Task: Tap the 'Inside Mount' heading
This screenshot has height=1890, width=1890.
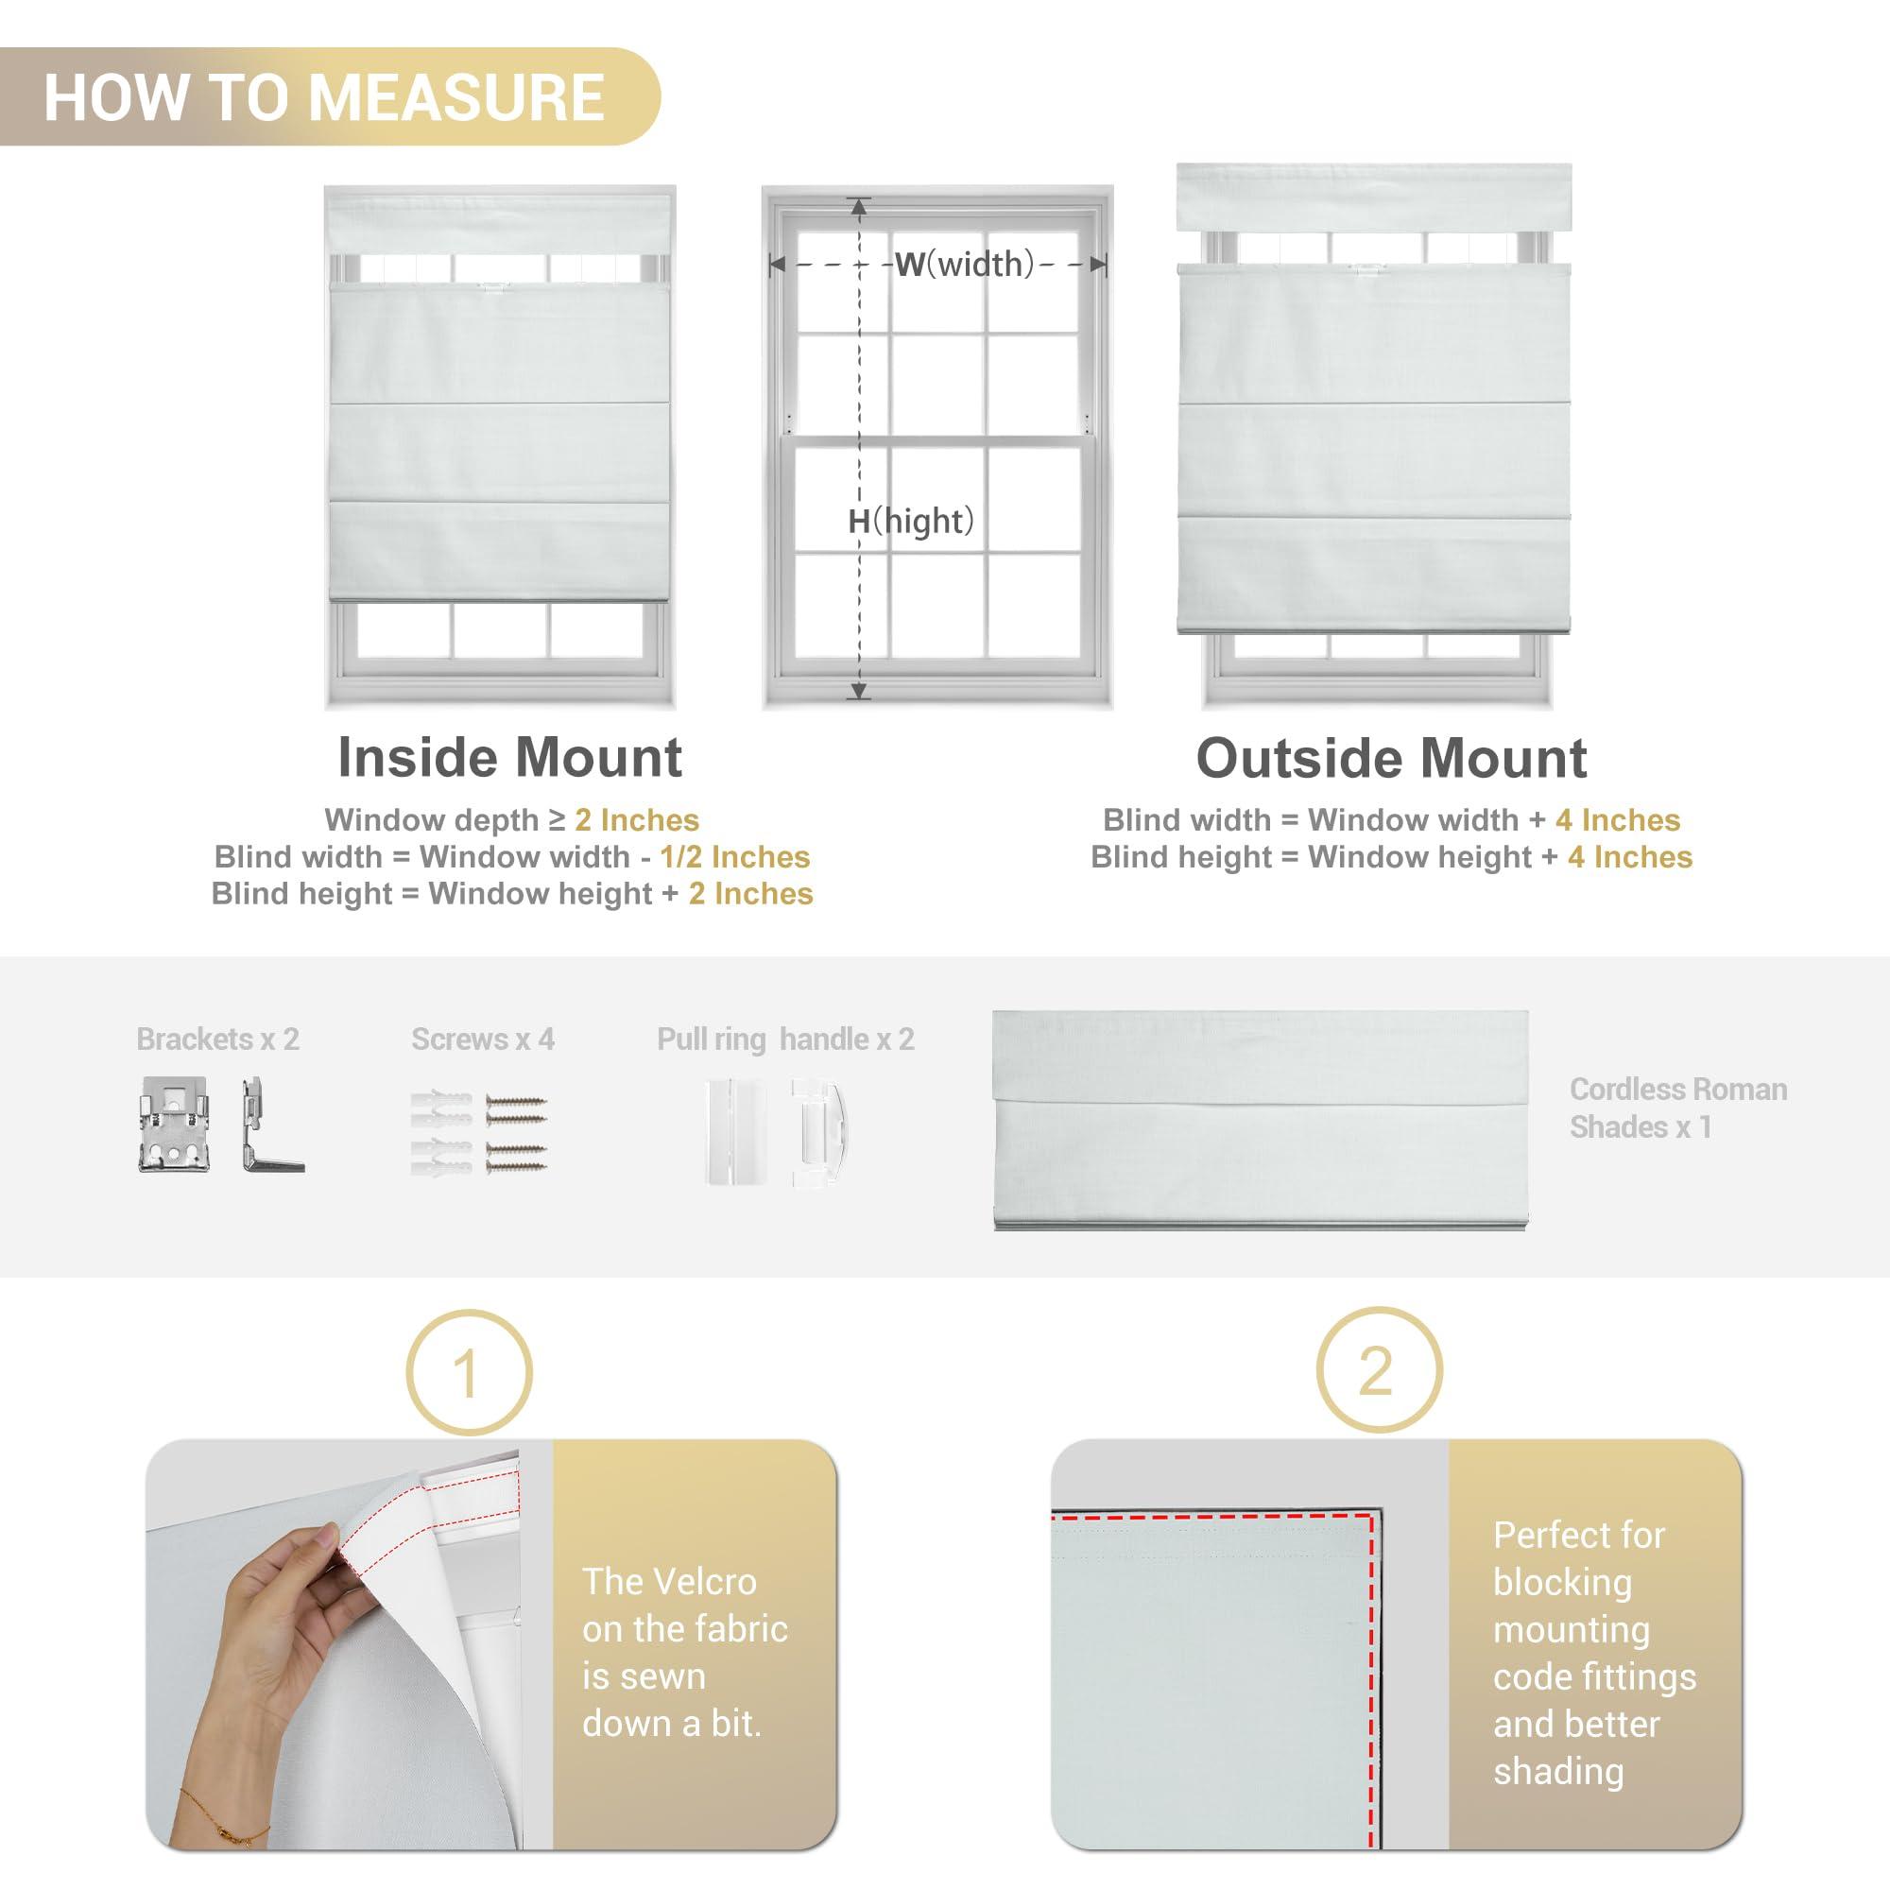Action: [509, 757]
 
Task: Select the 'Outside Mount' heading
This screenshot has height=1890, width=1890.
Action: [1391, 758]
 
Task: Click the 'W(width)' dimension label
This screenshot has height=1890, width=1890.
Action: [964, 265]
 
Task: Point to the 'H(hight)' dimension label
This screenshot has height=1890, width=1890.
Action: [911, 521]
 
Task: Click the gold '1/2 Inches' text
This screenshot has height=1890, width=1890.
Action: [734, 857]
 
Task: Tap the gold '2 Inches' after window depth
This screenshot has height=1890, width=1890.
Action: [637, 819]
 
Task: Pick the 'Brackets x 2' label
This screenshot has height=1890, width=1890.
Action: [218, 1039]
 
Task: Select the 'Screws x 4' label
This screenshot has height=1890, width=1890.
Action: [483, 1039]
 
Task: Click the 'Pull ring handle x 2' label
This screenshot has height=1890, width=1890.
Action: [785, 1039]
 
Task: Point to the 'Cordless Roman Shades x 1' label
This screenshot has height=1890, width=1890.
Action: [1678, 1108]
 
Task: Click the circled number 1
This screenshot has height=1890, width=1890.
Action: [469, 1371]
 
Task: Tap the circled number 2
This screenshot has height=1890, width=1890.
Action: [1379, 1370]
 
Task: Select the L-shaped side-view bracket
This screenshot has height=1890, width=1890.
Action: [268, 1125]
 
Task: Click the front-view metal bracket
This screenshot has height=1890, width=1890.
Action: [174, 1124]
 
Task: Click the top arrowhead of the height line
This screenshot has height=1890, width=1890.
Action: [859, 206]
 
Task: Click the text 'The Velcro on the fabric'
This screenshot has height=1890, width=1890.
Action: [685, 1606]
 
